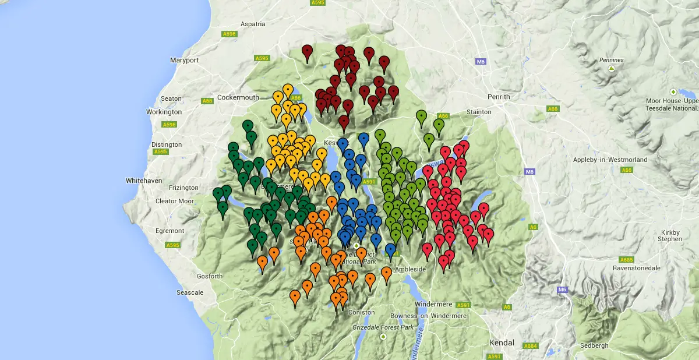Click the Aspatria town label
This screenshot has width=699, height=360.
coord(253,24)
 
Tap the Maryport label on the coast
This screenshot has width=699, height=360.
coord(184,60)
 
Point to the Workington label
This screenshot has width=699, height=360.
coord(164,112)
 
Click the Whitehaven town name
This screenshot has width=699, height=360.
coord(144,181)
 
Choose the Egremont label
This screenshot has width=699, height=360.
coord(170,231)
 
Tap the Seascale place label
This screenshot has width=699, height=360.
coord(190,292)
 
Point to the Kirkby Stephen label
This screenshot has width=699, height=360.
coord(669,235)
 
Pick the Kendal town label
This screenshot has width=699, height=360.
coord(503,343)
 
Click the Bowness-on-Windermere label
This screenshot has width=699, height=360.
coord(428,316)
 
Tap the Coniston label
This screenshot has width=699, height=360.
coord(362,312)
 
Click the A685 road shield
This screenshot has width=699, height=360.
coord(626,259)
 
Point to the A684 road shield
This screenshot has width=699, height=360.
coord(530,346)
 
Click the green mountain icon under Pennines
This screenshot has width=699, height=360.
coord(611,69)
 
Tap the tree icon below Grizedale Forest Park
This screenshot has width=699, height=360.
coord(383,337)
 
